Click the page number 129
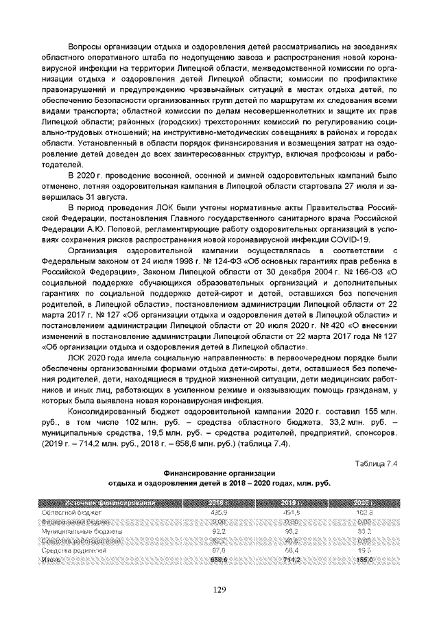point(219,589)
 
